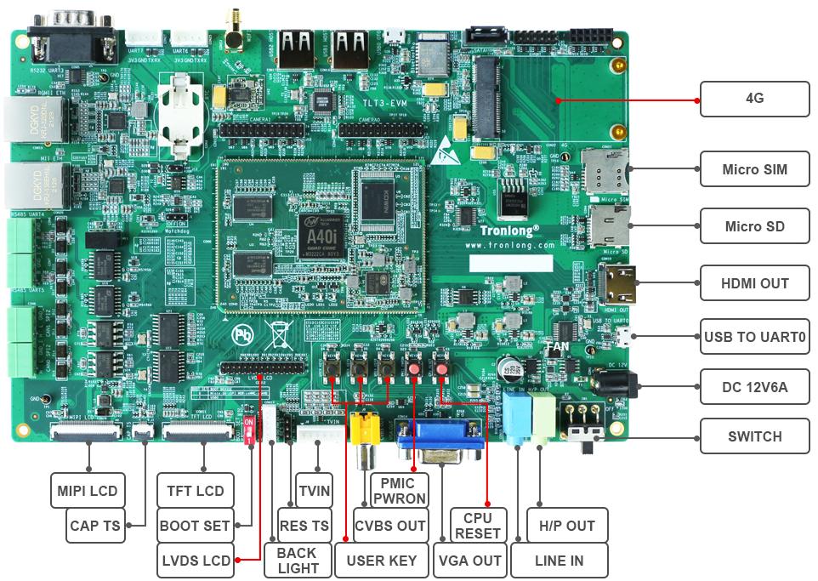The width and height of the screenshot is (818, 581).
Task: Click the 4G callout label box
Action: pos(754,99)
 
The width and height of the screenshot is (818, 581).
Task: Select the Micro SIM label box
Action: pos(754,169)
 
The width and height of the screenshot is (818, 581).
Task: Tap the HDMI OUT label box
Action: pos(754,283)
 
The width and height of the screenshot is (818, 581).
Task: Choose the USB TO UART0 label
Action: pos(754,337)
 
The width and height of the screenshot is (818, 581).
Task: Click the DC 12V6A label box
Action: pos(754,387)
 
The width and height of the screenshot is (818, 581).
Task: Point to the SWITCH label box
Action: pos(754,436)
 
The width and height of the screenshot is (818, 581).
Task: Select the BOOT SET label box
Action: pos(195,526)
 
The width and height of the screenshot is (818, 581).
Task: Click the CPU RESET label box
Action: pos(477,526)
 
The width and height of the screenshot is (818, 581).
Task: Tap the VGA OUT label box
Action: pos(469,561)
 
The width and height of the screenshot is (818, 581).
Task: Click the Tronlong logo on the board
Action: pos(509,230)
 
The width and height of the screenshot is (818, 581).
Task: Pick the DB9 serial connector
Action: pos(72,34)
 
